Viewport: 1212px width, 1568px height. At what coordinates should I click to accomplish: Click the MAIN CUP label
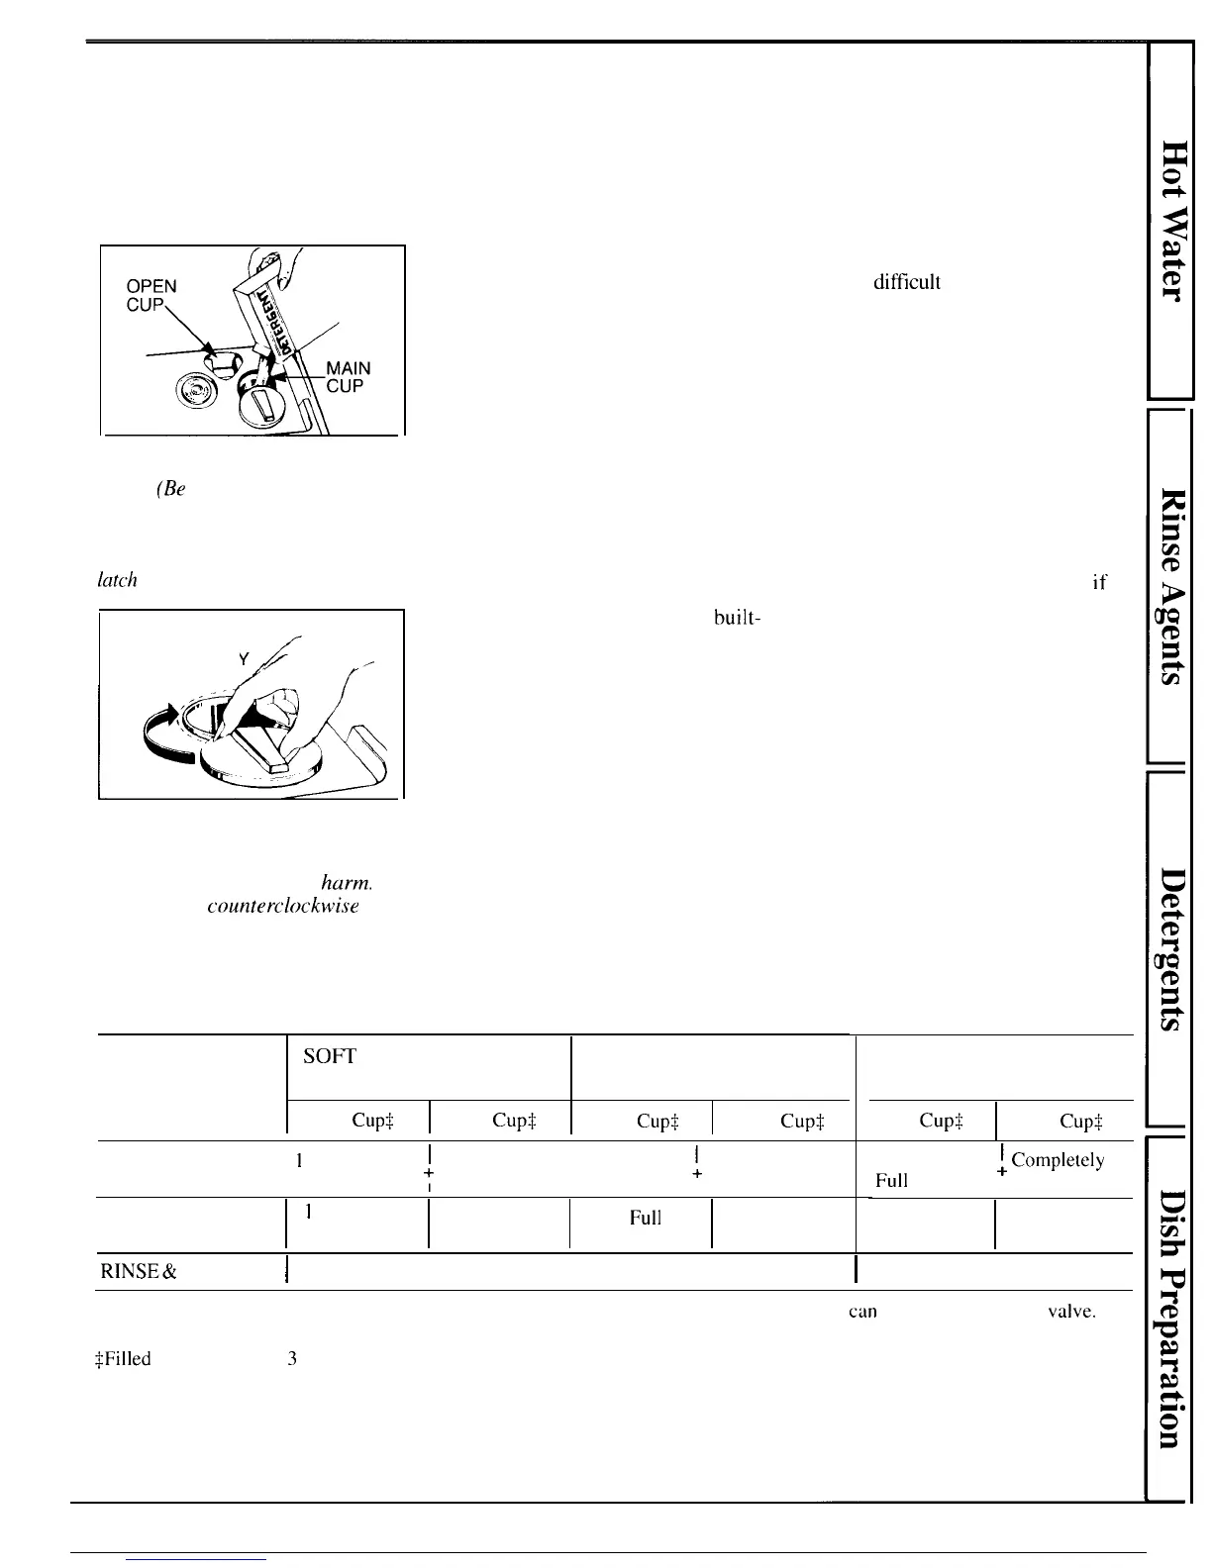coord(348,377)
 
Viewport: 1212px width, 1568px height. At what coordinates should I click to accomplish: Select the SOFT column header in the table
coord(329,1057)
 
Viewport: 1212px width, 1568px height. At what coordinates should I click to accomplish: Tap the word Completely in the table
coord(1058,1160)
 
